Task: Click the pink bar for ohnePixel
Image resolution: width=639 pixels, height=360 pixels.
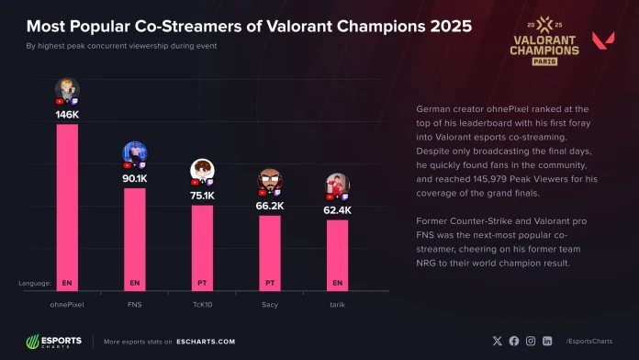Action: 67,207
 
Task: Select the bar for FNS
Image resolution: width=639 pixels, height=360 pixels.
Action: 135,239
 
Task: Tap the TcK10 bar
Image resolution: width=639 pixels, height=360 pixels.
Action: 202,247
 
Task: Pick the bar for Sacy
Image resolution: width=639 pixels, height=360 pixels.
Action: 270,253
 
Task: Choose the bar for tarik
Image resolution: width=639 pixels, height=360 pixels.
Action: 337,254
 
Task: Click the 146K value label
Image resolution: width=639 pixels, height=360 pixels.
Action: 67,116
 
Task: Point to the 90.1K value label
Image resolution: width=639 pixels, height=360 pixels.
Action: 135,179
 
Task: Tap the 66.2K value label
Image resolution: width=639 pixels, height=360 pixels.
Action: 270,207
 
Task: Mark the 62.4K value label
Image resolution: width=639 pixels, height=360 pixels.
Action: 337,210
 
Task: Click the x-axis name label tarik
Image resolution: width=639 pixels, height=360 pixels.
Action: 337,301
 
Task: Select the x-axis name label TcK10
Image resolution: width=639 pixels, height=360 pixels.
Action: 202,301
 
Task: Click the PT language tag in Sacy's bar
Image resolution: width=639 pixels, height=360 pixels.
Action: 270,283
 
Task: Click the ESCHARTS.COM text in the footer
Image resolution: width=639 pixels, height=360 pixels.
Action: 207,342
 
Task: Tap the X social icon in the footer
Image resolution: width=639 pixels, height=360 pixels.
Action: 497,341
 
